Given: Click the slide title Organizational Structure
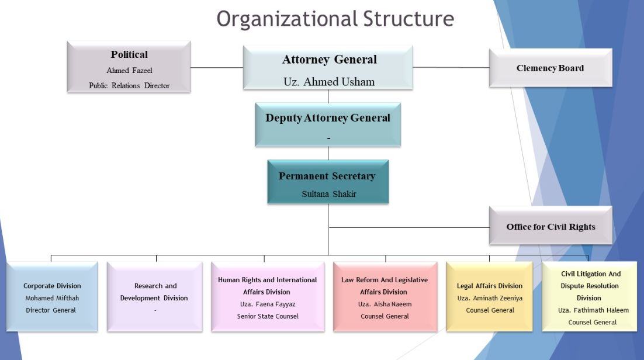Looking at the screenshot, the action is coord(335,19).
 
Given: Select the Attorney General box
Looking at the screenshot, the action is coord(328,68).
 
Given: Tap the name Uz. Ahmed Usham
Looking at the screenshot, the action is coord(329,82).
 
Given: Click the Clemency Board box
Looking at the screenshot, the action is coord(550,68).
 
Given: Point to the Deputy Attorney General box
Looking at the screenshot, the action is coord(328,124).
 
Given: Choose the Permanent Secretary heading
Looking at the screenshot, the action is coord(327,176).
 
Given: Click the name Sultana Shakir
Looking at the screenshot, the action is coord(329,194).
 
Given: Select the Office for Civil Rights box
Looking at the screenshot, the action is coord(550,226).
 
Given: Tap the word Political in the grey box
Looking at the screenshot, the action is coord(129,55).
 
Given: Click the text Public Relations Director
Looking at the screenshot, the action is coord(129,85).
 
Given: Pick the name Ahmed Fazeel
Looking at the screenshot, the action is coord(129,70).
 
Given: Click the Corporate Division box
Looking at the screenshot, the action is coord(52,297).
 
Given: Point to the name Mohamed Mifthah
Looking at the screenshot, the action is coord(52,298).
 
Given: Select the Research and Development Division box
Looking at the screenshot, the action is coord(155,297).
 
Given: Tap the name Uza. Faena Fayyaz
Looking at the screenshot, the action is coord(268,304).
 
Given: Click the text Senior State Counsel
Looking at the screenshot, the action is coord(268,316).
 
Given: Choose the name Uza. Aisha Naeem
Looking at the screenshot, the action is coord(385,304).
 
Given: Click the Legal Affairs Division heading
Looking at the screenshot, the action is coord(490,286).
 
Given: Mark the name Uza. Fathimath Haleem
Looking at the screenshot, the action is coord(593,310).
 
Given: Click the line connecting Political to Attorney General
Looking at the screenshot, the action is coord(217,67).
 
